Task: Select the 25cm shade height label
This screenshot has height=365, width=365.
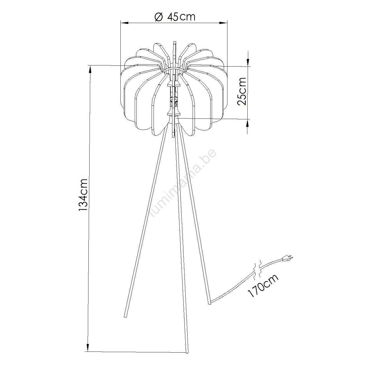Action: point(242,91)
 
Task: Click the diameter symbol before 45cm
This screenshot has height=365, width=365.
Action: point(159,17)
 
